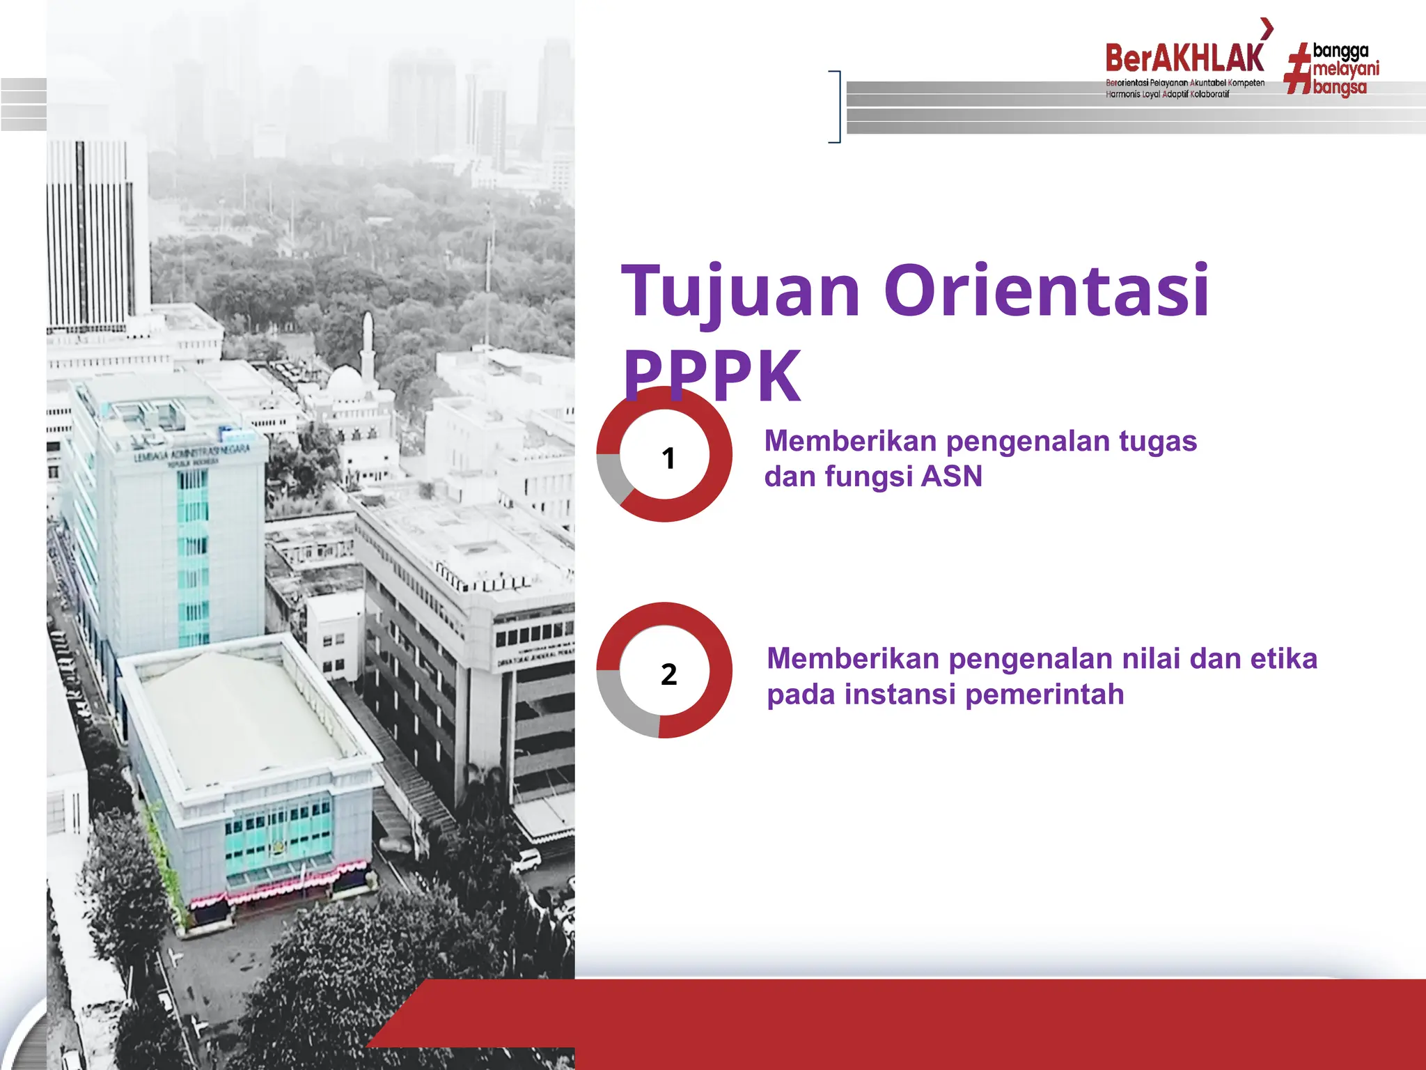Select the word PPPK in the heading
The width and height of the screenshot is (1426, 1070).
(x=712, y=376)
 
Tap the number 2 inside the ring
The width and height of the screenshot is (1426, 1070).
(x=668, y=674)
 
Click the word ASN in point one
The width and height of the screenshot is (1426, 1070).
(x=951, y=477)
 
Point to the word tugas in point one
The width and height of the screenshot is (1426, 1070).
(x=1157, y=442)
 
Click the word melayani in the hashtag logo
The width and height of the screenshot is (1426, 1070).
(x=1345, y=69)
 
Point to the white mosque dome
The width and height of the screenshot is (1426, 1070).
(x=345, y=382)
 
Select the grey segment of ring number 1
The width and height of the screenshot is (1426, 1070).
(x=610, y=477)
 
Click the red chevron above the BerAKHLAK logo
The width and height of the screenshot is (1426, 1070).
(x=1267, y=29)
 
